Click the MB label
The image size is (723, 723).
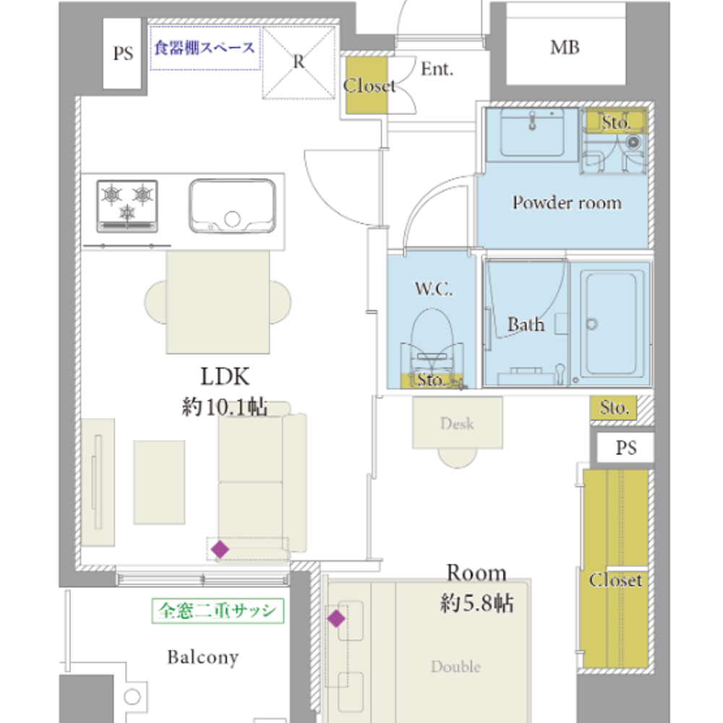(565, 48)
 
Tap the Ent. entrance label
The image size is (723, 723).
(437, 69)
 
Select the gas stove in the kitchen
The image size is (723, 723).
(127, 205)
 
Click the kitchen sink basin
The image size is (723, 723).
(232, 205)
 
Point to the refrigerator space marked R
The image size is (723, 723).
(299, 62)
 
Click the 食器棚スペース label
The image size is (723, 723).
(205, 48)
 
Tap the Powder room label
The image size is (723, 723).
(567, 203)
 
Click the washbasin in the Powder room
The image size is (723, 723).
(532, 132)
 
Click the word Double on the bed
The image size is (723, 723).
(455, 667)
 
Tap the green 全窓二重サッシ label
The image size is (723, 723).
(218, 610)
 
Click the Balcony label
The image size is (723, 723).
(203, 657)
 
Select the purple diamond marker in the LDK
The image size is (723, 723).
(220, 549)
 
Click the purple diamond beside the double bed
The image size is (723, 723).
(336, 618)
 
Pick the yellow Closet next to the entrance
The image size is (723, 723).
(367, 85)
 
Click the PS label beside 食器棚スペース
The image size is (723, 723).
(123, 54)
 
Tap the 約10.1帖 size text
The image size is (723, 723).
(225, 406)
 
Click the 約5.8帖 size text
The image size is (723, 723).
(476, 603)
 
